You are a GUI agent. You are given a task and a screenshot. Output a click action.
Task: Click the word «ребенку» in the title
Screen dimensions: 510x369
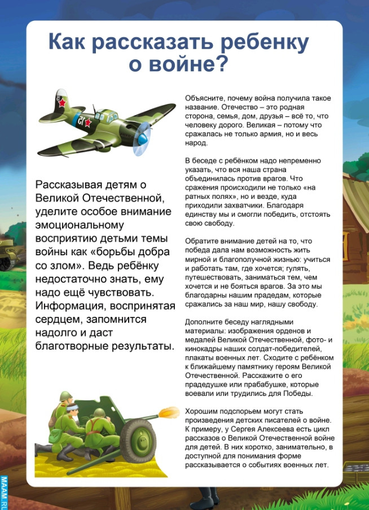pos(260,43)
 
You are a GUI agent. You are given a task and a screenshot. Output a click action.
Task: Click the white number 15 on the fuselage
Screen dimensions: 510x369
pos(82,120)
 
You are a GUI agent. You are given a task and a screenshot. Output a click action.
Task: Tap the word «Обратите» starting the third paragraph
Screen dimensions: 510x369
pos(201,241)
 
